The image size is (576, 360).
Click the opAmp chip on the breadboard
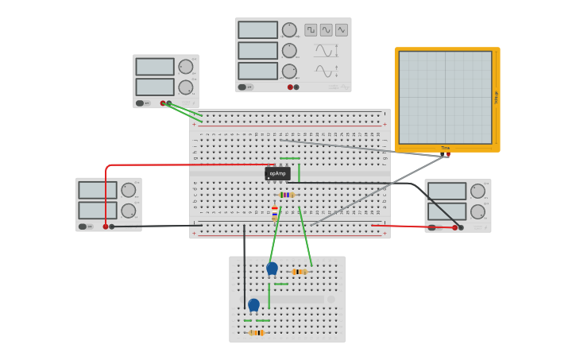277,173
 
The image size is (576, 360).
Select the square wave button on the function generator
311,30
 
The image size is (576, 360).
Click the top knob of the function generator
289,30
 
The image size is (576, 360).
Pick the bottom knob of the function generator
289,72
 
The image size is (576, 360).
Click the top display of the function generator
258,30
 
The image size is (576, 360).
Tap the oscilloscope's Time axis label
445,148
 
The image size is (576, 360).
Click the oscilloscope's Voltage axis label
497,97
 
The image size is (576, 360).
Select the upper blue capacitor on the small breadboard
272,269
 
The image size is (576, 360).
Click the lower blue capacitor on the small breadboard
253,304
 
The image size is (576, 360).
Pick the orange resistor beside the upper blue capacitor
299,272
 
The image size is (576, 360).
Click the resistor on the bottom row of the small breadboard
256,333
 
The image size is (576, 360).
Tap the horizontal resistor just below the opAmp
286,195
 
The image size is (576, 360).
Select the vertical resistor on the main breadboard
275,213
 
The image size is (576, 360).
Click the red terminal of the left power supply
105,226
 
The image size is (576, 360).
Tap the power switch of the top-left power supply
141,103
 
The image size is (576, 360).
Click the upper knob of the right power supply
477,191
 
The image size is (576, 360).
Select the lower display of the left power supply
97,211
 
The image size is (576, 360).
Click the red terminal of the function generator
290,87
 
